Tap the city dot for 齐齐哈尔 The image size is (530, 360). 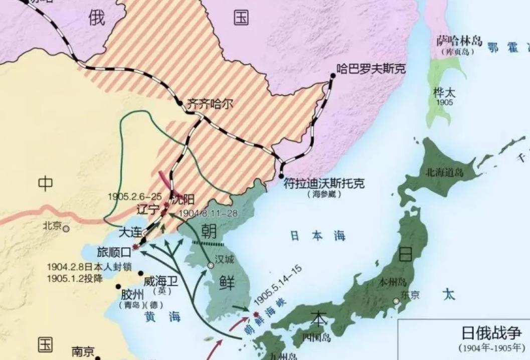tap(180, 103)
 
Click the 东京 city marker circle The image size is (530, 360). tap(396, 301)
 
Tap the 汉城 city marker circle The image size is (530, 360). tap(209, 265)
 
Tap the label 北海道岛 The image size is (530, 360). tap(444, 173)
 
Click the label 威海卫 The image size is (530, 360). tap(160, 281)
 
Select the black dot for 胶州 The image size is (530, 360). tap(118, 286)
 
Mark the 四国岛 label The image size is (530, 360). tap(316, 337)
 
